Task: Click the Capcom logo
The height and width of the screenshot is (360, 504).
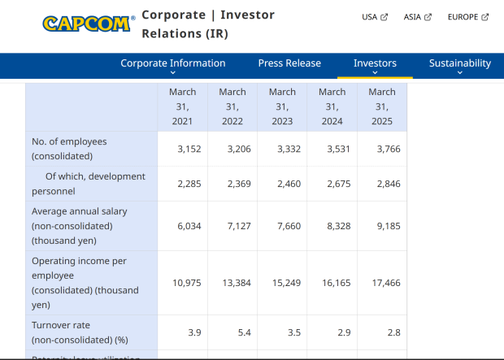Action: tap(87, 24)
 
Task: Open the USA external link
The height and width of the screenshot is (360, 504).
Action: tap(375, 17)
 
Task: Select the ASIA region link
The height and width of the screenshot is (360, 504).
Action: tap(417, 17)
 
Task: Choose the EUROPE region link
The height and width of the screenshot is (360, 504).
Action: tap(467, 17)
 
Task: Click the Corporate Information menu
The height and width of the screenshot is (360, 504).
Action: tap(173, 63)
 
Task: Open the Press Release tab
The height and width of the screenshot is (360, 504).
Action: tap(289, 63)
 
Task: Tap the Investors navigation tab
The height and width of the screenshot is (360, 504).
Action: tap(375, 63)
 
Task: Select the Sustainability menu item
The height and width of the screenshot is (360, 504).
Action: tap(460, 63)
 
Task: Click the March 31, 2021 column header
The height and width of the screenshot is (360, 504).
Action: tap(183, 106)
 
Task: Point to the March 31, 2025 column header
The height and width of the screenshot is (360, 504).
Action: tap(382, 106)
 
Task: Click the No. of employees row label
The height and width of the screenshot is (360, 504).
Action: tap(69, 149)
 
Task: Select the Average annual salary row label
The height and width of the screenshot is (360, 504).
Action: tap(80, 226)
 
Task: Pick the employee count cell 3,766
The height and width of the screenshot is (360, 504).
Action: tap(389, 149)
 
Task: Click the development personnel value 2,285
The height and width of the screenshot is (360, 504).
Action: tap(189, 184)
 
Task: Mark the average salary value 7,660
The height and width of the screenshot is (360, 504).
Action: tap(289, 226)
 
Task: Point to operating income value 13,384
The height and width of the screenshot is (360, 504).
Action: tap(238, 283)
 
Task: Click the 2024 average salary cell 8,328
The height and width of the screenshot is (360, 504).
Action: tap(338, 226)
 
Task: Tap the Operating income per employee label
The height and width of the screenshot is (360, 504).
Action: tap(85, 283)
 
